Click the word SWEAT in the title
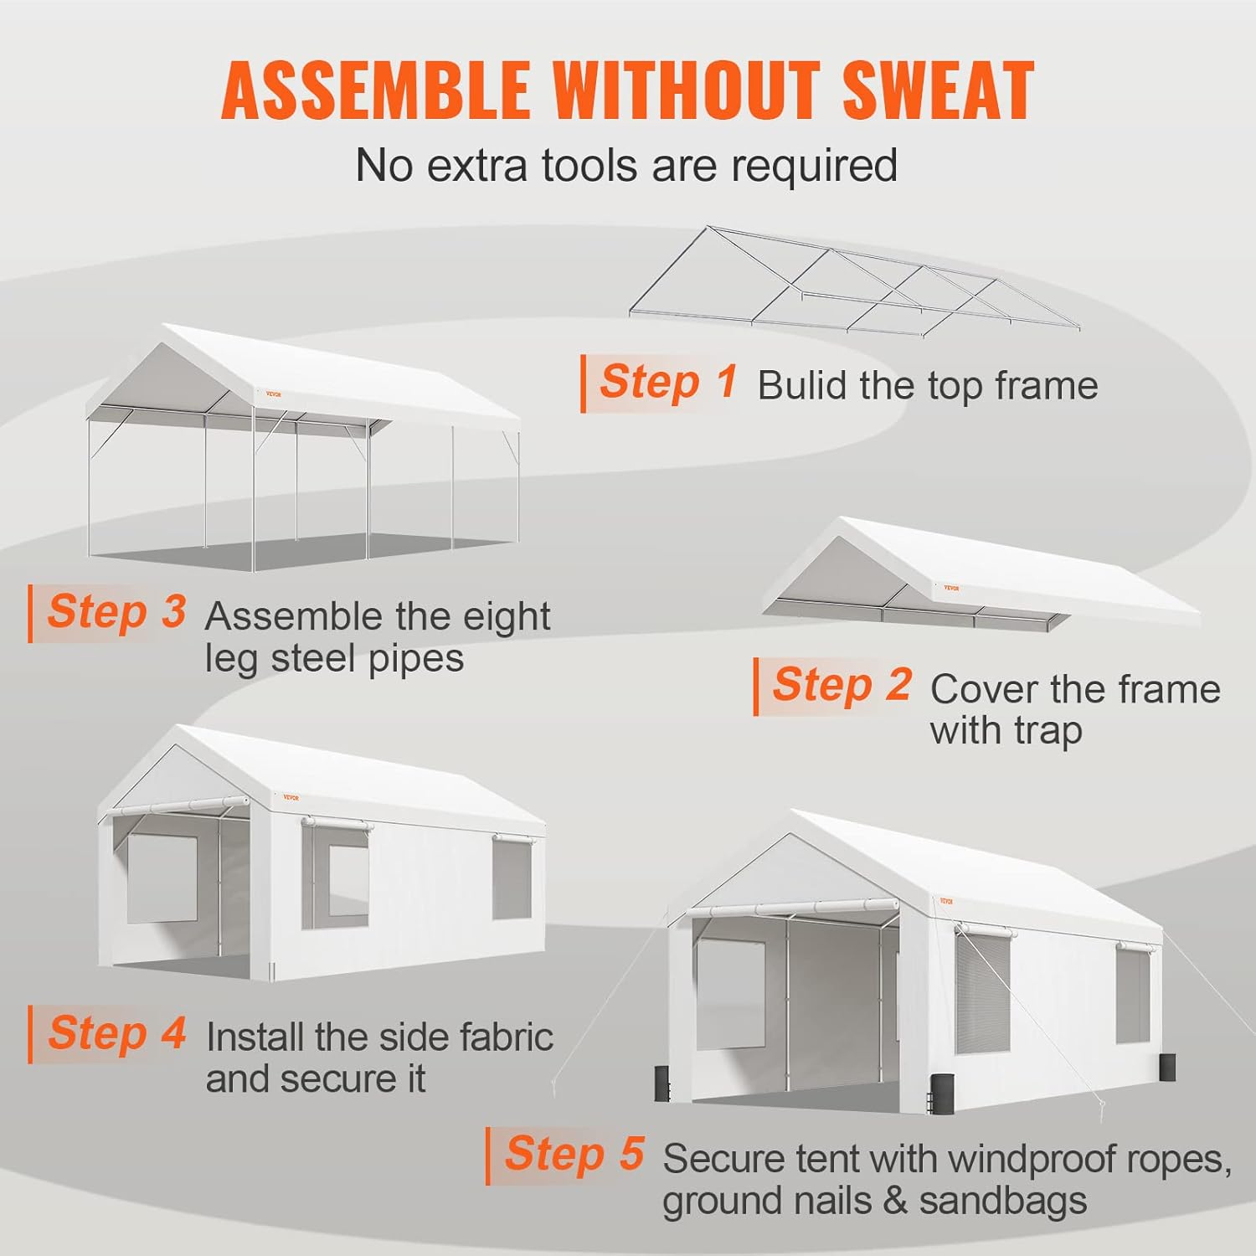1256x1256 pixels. tap(939, 90)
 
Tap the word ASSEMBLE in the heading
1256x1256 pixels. tap(376, 90)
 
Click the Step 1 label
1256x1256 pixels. tap(668, 382)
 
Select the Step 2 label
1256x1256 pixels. tap(842, 685)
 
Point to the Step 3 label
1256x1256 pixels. tap(116, 611)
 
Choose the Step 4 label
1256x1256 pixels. tap(116, 1032)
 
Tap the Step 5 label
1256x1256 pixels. tap(574, 1154)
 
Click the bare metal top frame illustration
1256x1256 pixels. tap(854, 281)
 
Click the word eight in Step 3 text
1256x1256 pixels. tap(506, 618)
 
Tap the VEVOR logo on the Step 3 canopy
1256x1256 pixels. tap(274, 394)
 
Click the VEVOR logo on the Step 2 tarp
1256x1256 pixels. tap(951, 588)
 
